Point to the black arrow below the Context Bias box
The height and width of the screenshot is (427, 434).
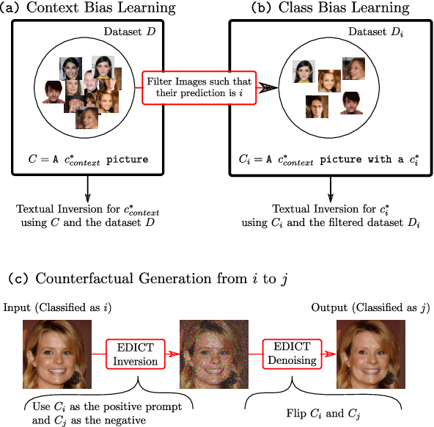(x=88, y=188)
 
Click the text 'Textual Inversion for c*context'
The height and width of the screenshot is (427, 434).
(x=88, y=209)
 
